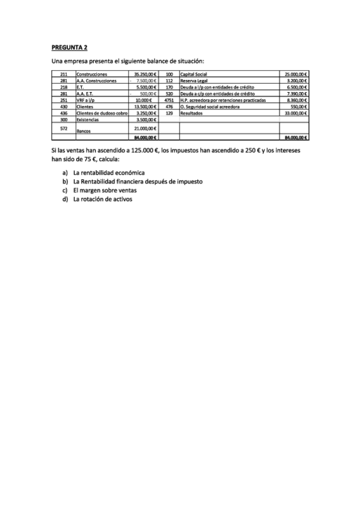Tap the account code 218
[64, 87]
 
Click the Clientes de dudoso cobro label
[101, 113]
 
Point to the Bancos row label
[84, 129]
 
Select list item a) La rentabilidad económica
[108, 173]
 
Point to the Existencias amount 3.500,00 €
[146, 120]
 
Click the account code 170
[169, 87]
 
